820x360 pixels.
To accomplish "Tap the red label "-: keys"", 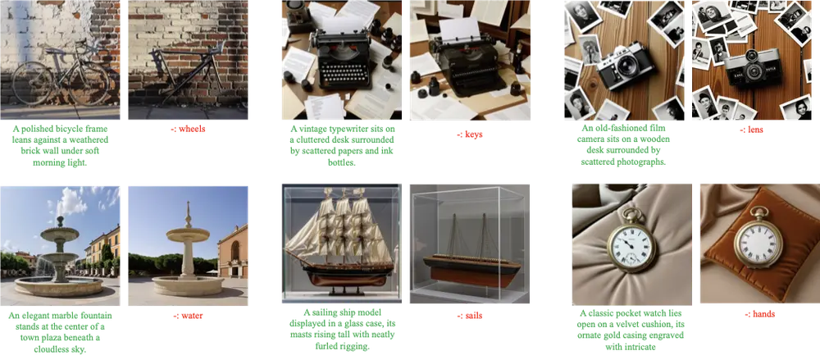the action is tap(470, 134).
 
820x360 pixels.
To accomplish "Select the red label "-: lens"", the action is tap(751, 130).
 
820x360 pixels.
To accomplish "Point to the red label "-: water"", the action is tap(188, 316).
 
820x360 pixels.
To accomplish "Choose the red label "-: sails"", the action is tap(470, 316).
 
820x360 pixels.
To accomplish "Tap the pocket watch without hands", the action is tap(758, 240).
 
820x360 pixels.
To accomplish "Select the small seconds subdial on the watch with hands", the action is tap(635, 257).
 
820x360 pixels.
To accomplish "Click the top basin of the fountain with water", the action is tap(60, 232).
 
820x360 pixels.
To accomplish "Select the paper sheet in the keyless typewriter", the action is tap(461, 30).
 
